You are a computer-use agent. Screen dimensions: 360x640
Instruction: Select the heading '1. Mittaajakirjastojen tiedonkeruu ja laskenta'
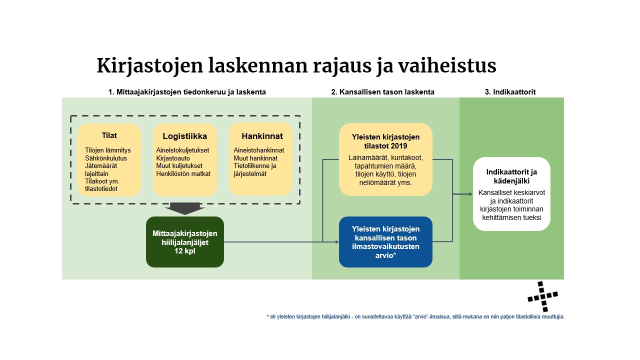[x=187, y=92]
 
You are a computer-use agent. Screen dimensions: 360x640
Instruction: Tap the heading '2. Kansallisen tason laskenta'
[x=382, y=92]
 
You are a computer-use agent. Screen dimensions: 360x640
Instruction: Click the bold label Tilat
[x=109, y=135]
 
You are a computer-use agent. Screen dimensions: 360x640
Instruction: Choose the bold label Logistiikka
[x=184, y=136]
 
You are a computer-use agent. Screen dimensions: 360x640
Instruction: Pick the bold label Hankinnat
[x=262, y=136]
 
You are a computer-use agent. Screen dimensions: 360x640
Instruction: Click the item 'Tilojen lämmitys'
[x=108, y=150]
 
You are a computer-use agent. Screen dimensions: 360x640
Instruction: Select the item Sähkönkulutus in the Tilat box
[x=106, y=158]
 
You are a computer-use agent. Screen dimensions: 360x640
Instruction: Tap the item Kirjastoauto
[x=170, y=158]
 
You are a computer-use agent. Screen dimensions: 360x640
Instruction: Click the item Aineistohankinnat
[x=258, y=150]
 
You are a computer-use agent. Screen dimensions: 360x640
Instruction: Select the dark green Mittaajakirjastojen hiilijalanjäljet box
[x=184, y=241]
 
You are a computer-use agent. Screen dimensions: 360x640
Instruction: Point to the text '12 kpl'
[x=184, y=251]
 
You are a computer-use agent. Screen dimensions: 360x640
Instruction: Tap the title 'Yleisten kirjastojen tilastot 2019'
[x=385, y=141]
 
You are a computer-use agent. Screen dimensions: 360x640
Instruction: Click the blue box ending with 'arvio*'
[x=385, y=242]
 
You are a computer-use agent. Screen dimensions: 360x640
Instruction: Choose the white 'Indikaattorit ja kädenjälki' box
[x=511, y=194]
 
